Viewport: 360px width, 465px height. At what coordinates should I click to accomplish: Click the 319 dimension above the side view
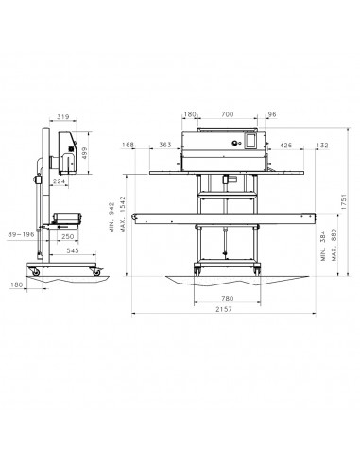coord(63,117)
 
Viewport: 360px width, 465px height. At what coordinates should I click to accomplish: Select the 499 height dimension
coord(84,153)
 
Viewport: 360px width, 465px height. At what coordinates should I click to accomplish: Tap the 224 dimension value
coord(59,181)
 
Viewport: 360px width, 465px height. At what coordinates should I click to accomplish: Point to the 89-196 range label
coord(21,234)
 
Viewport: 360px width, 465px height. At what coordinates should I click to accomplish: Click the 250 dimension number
coord(67,236)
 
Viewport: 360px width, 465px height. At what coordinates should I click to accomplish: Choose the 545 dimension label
coord(73,250)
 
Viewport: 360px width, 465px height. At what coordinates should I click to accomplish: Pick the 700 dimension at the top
coord(227,114)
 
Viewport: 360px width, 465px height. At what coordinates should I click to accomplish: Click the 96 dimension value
coord(271,114)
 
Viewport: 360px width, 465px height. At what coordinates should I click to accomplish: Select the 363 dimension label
coord(165,145)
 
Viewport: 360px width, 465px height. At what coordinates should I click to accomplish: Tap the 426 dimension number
coord(285,146)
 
